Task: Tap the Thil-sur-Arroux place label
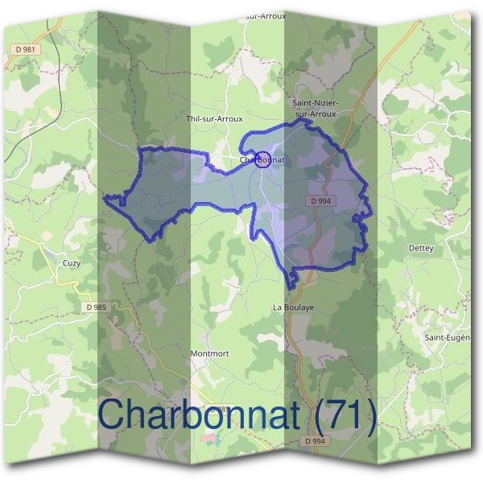(214, 118)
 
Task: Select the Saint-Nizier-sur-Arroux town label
(315, 109)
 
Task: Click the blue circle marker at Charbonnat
(262, 159)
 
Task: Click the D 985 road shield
(95, 307)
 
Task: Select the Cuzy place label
(72, 262)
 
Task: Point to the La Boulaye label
(293, 307)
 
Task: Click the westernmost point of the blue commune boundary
(105, 195)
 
